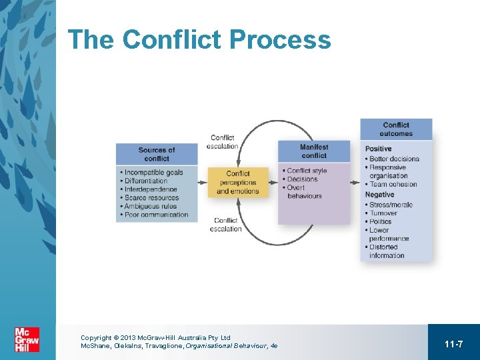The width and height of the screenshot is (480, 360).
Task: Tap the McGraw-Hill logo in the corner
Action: click(27, 339)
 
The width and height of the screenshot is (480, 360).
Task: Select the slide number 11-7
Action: click(453, 344)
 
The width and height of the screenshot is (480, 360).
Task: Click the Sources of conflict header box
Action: click(157, 154)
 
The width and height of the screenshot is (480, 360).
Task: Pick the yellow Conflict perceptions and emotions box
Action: click(237, 182)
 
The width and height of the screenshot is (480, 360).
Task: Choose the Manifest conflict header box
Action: click(314, 151)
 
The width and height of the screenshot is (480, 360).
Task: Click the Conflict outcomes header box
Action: click(396, 129)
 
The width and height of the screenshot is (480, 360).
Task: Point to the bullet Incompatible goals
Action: click(153, 173)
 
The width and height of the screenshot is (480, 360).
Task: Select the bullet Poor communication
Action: click(156, 215)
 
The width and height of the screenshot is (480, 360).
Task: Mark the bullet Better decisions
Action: click(394, 159)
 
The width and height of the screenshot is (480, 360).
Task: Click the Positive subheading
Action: click(379, 149)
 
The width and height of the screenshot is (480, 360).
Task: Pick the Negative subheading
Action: click(380, 195)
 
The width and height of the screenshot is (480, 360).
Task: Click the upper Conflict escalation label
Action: click(223, 142)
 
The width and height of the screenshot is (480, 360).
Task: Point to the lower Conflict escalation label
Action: click(225, 225)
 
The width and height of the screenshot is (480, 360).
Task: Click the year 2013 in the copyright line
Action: click(128, 338)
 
